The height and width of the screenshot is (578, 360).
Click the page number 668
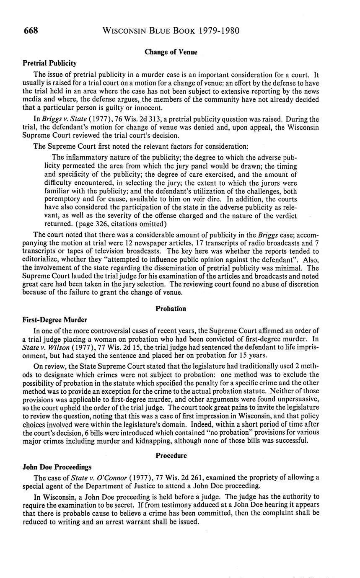(x=30, y=31)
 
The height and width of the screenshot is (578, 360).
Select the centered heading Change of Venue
(x=171, y=52)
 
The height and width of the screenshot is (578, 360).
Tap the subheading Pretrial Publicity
(x=49, y=63)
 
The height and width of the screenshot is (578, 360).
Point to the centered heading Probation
(x=171, y=309)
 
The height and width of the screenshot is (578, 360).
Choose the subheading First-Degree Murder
(x=54, y=320)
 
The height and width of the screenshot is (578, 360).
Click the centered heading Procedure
(x=171, y=455)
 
